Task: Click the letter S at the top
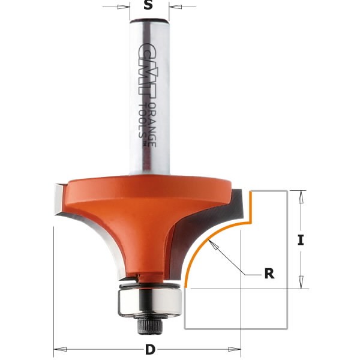click(149, 7)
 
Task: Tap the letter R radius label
click(269, 274)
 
